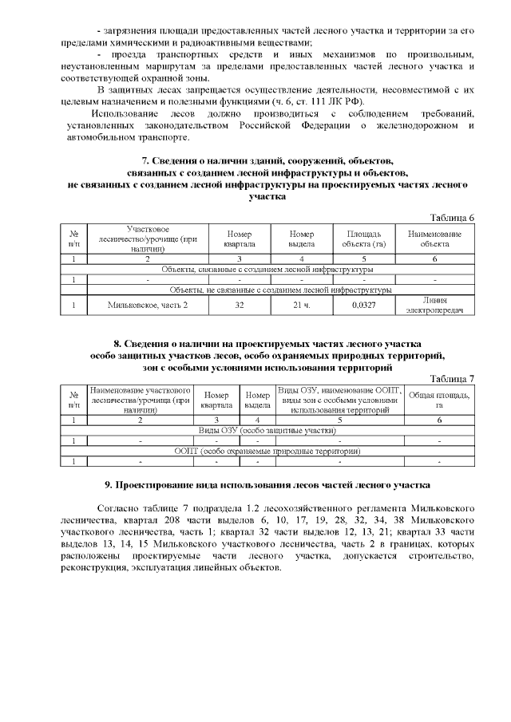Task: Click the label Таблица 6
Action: point(452,218)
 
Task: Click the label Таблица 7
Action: point(452,378)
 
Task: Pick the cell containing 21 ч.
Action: point(301,305)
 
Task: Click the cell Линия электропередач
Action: point(434,305)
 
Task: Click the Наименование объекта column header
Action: point(434,239)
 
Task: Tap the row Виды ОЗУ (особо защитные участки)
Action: point(267,429)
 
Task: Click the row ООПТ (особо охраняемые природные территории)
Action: point(267,451)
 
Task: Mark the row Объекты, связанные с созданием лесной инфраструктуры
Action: point(267,269)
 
